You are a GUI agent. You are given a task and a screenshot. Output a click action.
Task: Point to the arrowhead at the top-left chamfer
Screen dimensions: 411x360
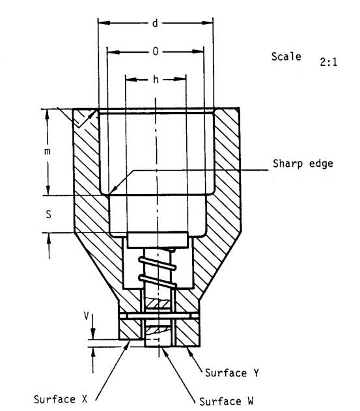tap(93, 115)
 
